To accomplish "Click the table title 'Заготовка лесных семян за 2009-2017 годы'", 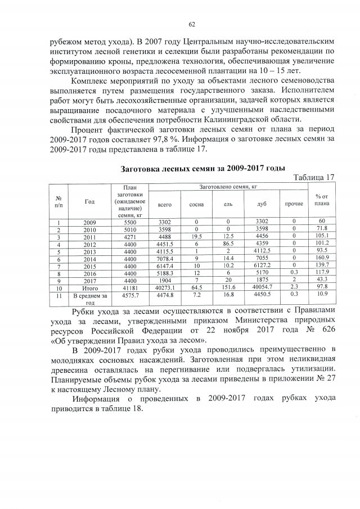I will click(x=203, y=168).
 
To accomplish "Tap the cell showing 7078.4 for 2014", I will click(x=165, y=258).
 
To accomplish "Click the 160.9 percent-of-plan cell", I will click(x=322, y=258).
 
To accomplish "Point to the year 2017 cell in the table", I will click(x=90, y=280).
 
